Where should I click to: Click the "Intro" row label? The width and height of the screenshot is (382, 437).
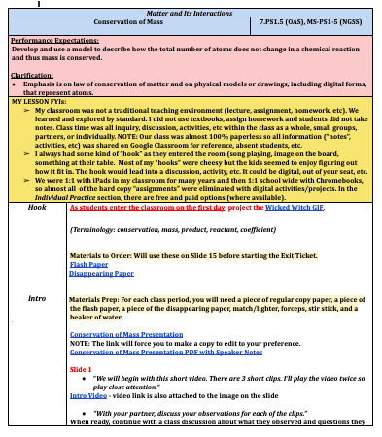click(x=38, y=298)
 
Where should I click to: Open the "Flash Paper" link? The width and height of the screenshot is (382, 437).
click(x=87, y=263)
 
